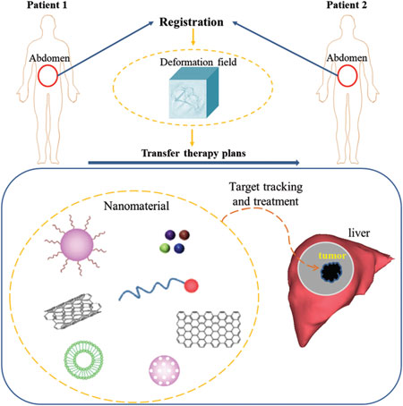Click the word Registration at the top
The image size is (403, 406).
pos(192,22)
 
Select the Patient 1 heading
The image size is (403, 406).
pos(47,5)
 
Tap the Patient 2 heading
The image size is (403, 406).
pos(347,5)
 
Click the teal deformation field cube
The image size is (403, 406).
pos(193,93)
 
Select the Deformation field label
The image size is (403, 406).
pos(198,62)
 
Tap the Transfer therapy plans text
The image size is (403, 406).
pos(193,153)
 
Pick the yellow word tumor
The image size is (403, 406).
pos(332,256)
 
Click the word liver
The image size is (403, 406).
pos(359,233)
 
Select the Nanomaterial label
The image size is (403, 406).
pos(136,206)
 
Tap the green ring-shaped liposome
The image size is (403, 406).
pos(84,360)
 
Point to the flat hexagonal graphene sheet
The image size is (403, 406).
pos(209,329)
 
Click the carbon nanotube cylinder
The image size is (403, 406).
pos(73,311)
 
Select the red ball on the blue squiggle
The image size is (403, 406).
pos(192,285)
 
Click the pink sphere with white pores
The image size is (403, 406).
pos(165,371)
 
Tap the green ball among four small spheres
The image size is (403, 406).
pos(165,248)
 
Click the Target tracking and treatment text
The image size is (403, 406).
pos(266,194)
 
